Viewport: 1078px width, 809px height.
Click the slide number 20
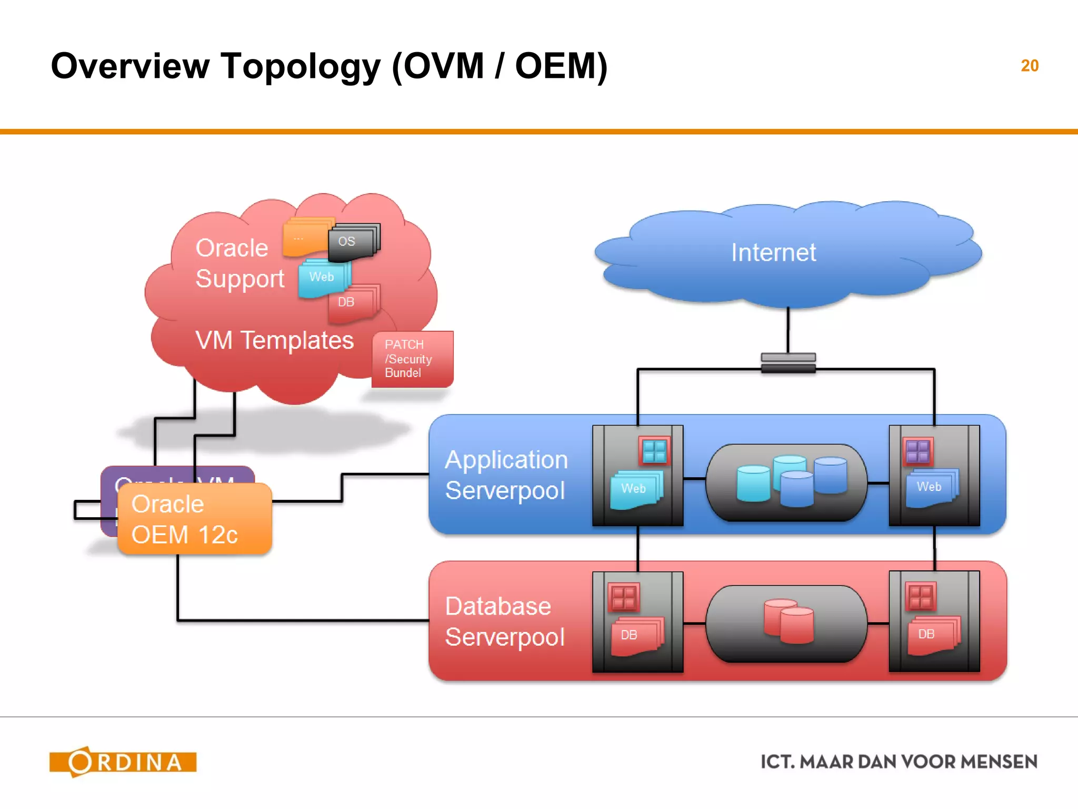point(1029,66)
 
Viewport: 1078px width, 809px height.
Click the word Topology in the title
point(301,67)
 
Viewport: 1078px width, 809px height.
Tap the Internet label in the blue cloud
point(773,252)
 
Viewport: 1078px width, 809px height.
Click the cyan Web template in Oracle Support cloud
point(323,278)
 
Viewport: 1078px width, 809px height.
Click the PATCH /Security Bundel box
point(412,359)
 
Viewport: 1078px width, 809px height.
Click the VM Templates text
point(274,340)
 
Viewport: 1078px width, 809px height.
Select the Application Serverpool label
point(506,475)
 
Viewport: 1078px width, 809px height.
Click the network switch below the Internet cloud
point(788,363)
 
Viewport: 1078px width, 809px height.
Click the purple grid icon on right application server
point(917,451)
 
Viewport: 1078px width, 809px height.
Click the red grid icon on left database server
point(623,598)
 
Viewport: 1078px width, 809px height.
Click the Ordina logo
point(123,762)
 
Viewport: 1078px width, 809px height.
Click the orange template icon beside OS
point(305,239)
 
